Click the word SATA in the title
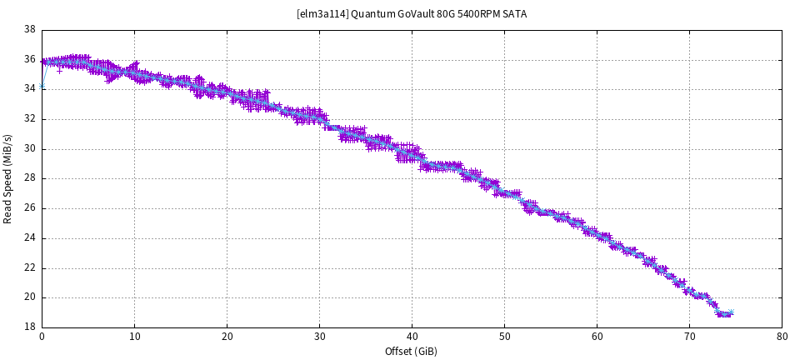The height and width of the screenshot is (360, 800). coord(515,14)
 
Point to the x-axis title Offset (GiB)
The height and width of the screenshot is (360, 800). coord(412,352)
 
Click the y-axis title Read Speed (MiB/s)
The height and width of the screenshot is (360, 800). coord(8,178)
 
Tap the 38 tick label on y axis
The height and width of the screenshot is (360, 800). coord(29,30)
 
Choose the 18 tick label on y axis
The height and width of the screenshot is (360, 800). coord(29,327)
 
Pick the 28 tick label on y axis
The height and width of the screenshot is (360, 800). coord(29,179)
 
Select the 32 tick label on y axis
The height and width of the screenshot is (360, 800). coord(29,119)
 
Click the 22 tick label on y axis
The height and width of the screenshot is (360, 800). coord(29,268)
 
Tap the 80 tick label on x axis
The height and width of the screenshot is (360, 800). coord(782,337)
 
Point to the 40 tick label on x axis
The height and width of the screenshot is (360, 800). coord(412,337)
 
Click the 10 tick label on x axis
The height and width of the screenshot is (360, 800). coord(134,337)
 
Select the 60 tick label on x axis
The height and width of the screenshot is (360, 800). coord(597,337)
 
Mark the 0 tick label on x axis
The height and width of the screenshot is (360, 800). coord(42,337)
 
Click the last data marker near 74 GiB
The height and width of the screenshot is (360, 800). coord(730,313)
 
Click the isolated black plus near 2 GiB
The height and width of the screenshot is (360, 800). coord(59,71)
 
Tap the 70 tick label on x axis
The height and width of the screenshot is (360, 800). coord(689,337)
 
